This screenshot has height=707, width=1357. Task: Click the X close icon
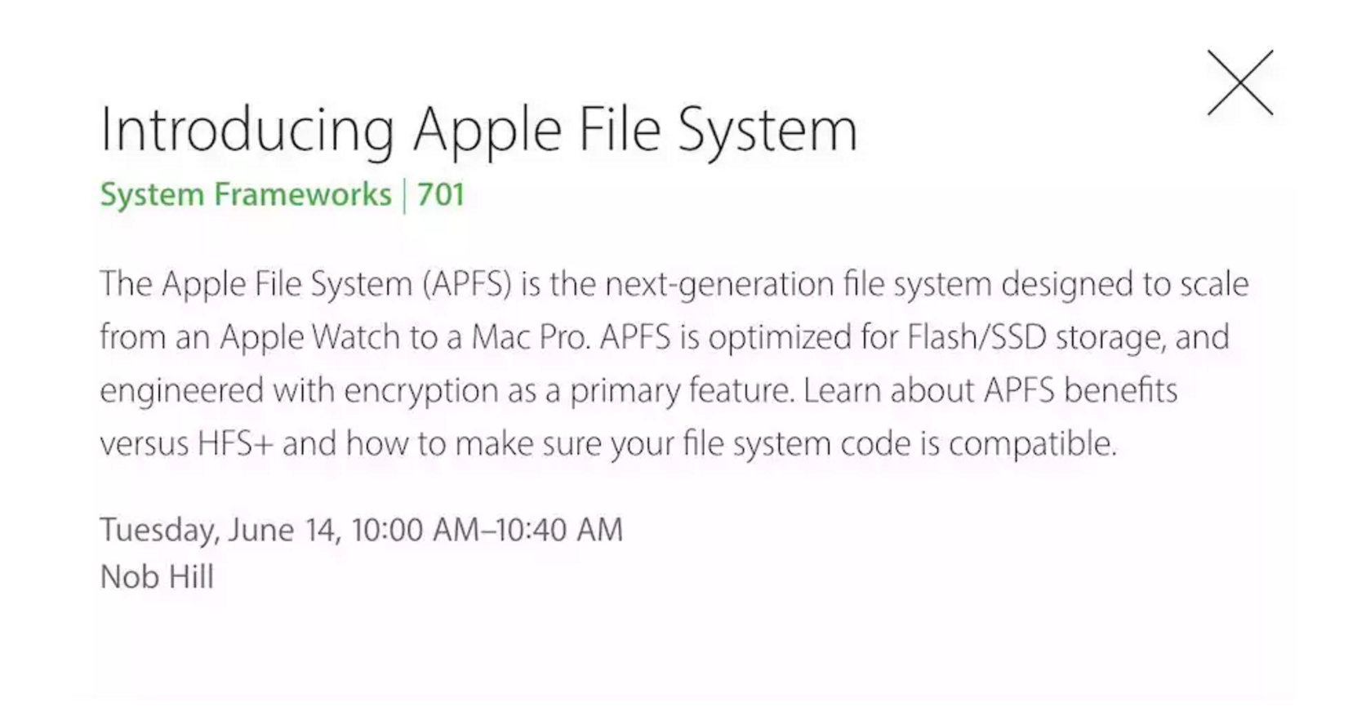[1240, 82]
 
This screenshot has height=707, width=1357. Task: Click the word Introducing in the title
[247, 131]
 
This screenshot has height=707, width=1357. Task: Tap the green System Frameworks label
[246, 195]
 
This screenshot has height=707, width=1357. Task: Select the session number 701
[440, 195]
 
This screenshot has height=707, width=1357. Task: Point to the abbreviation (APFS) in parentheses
[467, 283]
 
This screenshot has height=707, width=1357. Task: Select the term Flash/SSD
[977, 336]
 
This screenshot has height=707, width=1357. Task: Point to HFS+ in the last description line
[236, 443]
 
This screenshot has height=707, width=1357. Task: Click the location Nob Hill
[157, 576]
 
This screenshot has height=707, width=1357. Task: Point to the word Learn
[842, 390]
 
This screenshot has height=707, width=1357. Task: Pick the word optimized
[780, 337]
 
